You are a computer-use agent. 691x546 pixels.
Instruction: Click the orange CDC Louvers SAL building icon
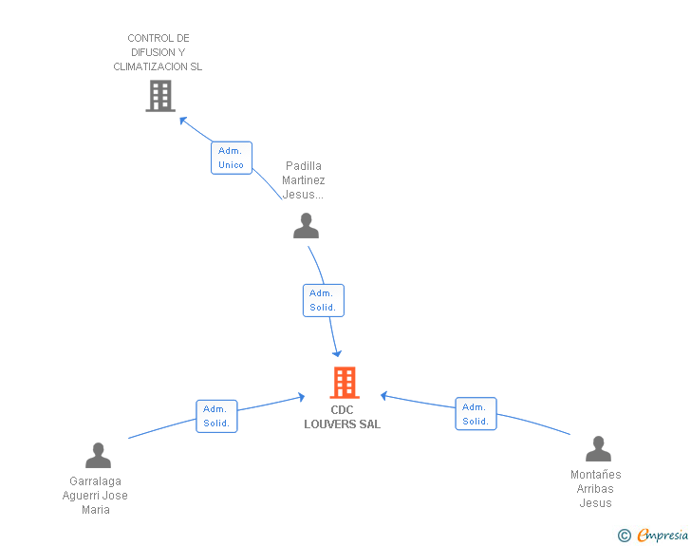(345, 383)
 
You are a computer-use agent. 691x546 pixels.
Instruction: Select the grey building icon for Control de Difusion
(160, 96)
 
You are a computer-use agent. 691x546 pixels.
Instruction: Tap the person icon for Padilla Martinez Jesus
(306, 225)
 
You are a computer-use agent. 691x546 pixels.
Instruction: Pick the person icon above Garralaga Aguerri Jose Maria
(99, 455)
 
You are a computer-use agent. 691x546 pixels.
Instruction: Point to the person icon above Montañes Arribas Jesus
(598, 448)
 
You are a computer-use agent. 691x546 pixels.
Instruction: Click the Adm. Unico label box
(232, 158)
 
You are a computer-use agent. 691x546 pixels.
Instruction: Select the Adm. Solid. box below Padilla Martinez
(324, 300)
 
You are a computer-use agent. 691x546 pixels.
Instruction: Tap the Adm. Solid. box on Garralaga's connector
(216, 416)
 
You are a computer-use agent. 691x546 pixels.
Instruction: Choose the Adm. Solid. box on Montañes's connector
(476, 414)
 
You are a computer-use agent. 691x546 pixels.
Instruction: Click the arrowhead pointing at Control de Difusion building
(183, 121)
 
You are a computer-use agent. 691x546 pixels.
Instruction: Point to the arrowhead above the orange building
(337, 353)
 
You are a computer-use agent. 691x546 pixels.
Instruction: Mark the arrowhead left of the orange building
(301, 397)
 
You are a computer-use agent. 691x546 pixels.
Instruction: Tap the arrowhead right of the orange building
(384, 396)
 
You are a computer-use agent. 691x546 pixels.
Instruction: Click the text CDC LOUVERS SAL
(342, 417)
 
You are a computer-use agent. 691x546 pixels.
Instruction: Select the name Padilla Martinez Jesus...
(303, 179)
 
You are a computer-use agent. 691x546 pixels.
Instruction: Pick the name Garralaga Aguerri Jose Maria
(95, 496)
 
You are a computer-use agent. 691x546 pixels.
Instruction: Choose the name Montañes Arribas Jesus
(596, 489)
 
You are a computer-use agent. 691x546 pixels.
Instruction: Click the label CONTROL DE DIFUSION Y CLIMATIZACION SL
(158, 52)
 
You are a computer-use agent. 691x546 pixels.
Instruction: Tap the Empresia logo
(663, 535)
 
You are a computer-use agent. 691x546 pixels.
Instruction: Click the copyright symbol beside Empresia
(624, 536)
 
